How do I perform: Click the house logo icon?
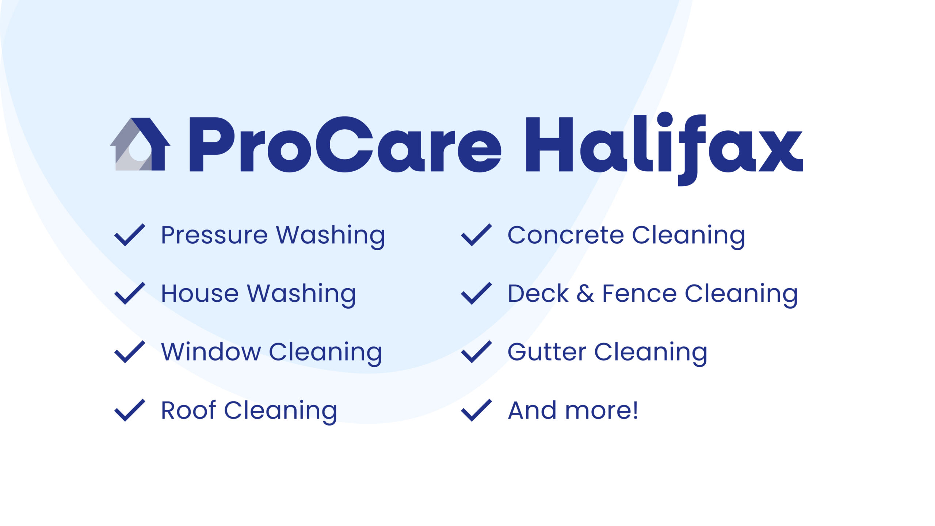[140, 144]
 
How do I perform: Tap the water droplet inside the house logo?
[140, 151]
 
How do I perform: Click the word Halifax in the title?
[664, 148]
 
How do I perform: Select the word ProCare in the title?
[345, 144]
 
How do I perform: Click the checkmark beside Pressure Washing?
[130, 235]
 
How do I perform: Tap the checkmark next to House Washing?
[130, 293]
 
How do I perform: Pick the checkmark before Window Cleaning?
[130, 352]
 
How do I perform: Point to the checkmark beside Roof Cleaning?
[130, 410]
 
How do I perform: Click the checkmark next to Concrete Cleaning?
[477, 235]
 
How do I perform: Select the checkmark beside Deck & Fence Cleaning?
[477, 293]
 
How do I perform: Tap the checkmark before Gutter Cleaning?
[477, 352]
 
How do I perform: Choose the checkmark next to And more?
[477, 410]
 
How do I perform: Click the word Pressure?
[214, 235]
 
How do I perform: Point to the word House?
[200, 293]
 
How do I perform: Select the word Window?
[211, 351]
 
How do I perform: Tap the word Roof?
[188, 410]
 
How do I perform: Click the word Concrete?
[566, 235]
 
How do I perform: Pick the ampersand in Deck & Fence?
[585, 293]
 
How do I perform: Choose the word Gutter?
[547, 351]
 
